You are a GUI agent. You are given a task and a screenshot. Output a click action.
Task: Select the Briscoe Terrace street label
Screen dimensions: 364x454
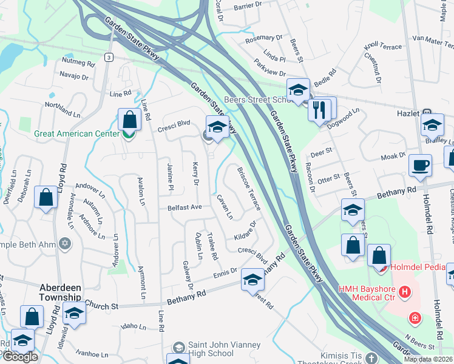tap(248, 189)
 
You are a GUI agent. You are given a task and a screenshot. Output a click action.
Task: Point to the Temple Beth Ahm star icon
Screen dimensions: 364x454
tap(66, 245)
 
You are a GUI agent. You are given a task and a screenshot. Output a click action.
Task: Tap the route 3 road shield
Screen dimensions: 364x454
tap(108, 57)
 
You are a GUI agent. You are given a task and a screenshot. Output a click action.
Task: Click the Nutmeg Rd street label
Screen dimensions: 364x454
tap(79, 63)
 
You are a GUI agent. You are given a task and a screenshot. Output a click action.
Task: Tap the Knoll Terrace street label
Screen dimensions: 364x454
tap(382, 47)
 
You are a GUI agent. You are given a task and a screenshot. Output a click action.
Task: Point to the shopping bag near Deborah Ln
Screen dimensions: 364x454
tap(46, 197)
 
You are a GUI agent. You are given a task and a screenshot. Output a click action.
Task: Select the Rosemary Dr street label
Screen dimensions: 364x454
tap(264, 38)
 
